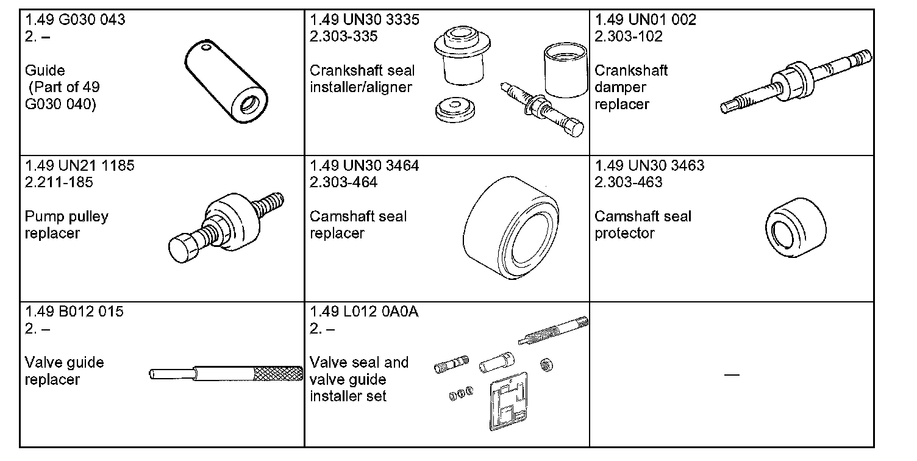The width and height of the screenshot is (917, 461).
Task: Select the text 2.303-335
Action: click(343, 37)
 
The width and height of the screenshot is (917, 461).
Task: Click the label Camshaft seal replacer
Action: click(358, 225)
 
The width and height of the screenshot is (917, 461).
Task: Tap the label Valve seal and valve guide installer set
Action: click(359, 379)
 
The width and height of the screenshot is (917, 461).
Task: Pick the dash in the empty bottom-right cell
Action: click(732, 374)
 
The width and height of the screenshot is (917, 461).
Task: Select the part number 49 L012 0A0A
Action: click(364, 312)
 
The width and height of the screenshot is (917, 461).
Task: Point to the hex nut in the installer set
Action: click(546, 364)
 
